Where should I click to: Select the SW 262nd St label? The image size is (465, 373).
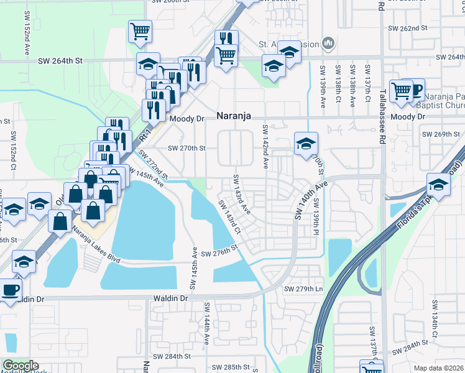(x=408, y=28)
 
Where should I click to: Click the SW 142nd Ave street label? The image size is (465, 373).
(x=265, y=147)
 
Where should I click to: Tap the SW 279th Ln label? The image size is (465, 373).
(x=304, y=289)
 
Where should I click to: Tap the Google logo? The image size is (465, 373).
(x=21, y=366)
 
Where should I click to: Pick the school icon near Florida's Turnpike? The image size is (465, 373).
(x=439, y=184)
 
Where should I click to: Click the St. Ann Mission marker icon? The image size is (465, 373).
(x=329, y=44)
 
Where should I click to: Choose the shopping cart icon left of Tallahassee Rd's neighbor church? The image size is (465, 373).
(x=402, y=91)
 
